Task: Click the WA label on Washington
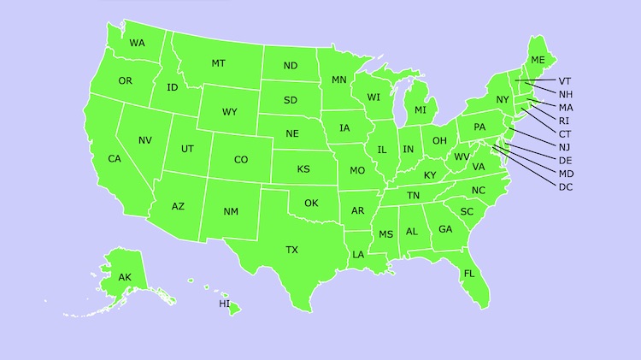coord(137,43)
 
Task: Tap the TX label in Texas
coord(292,250)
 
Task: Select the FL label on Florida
coord(469,274)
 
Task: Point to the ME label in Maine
coord(538,60)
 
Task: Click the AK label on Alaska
coord(125,277)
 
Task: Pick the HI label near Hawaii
coord(225,304)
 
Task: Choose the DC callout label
coord(566,187)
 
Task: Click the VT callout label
coord(566,81)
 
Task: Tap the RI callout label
coord(565,121)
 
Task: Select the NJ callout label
coord(565,147)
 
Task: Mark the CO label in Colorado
coord(241,160)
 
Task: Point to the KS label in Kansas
coord(303,169)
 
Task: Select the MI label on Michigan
coord(420,110)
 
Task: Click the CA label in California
coord(115,159)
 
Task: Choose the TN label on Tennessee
coord(413,196)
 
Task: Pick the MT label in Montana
coord(218,64)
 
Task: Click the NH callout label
coord(566,94)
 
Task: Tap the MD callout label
coord(566,174)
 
